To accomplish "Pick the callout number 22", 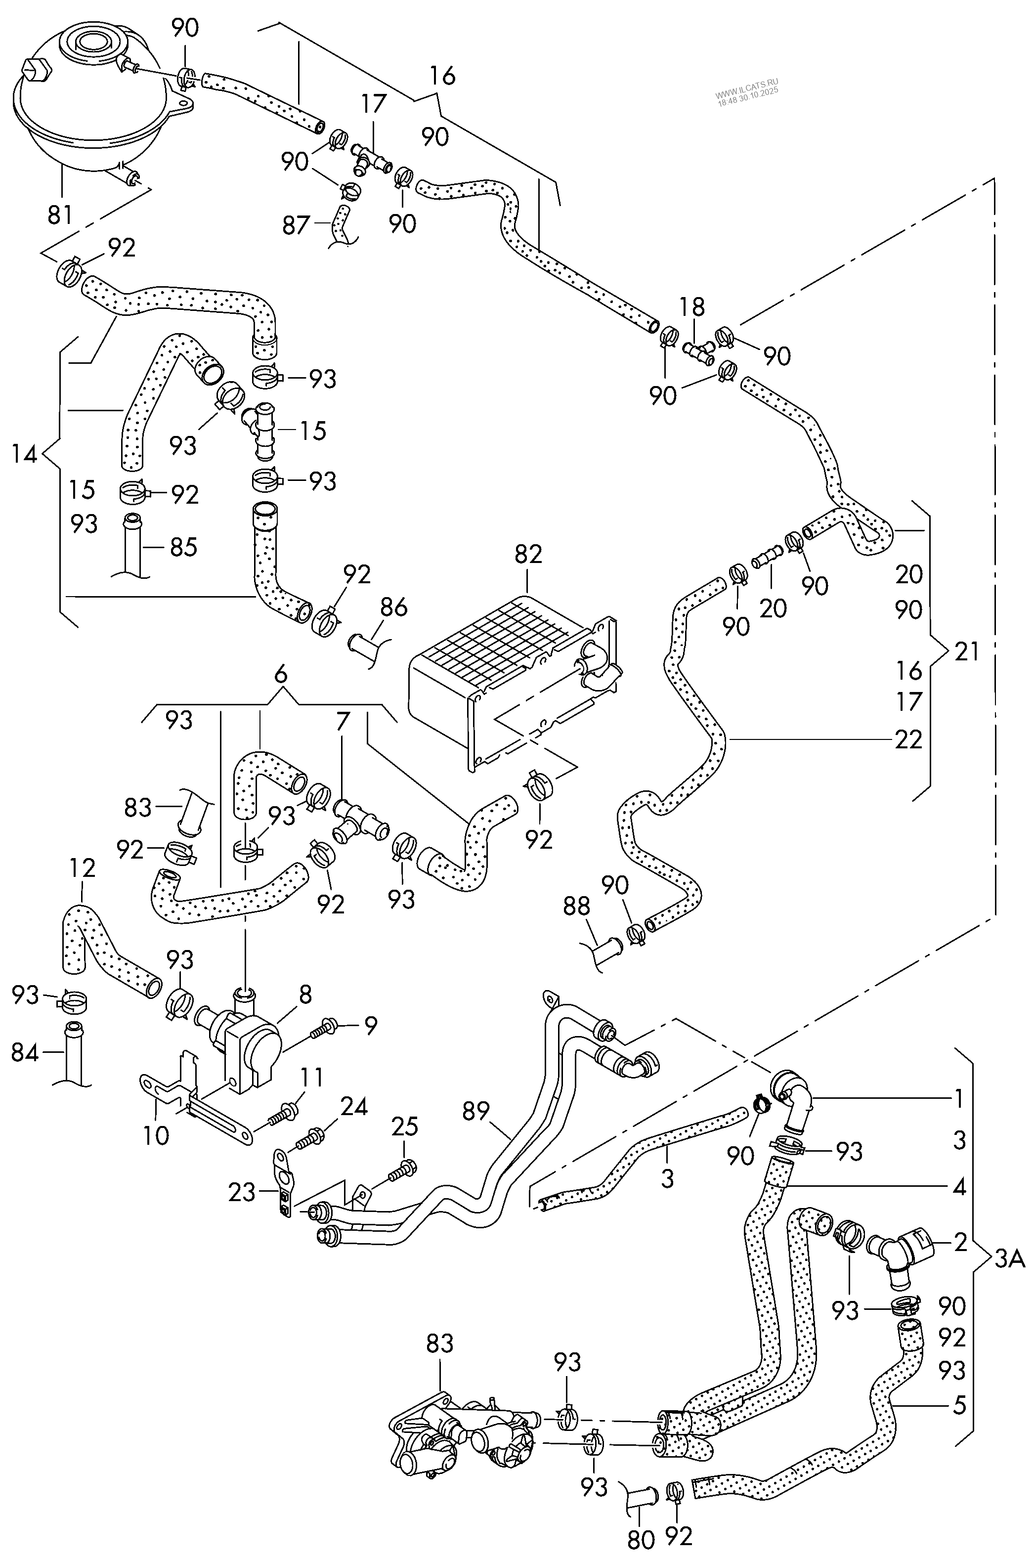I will pyautogui.click(x=908, y=739).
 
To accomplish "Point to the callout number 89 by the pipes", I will pyautogui.click(x=475, y=1112).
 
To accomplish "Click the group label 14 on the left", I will pyautogui.click(x=24, y=454).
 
